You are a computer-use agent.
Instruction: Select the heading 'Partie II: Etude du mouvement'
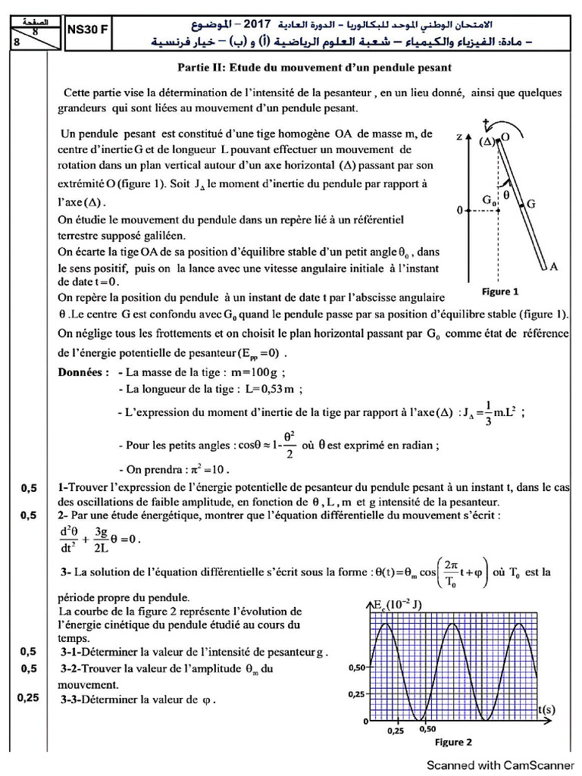[x=314, y=67]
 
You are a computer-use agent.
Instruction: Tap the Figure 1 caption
[x=501, y=291]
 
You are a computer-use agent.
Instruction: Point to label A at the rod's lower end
[x=553, y=266]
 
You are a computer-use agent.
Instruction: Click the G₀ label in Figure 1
[x=490, y=200]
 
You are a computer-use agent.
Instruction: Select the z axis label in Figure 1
[x=460, y=137]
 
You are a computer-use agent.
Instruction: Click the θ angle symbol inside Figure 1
[x=507, y=194]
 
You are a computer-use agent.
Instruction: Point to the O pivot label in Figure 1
[x=505, y=137]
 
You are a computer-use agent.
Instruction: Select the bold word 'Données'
[x=83, y=373]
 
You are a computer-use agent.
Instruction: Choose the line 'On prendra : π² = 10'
[x=174, y=468]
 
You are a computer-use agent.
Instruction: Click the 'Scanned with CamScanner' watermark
[x=499, y=765]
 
